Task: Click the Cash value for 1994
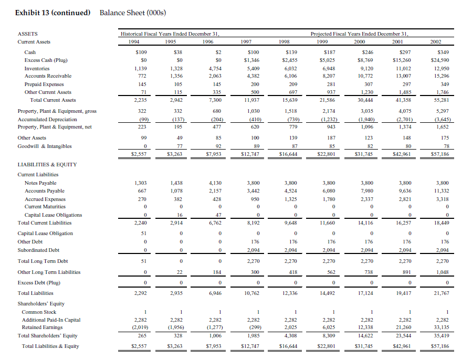140,52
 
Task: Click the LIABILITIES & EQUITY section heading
47,165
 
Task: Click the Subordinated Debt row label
38,250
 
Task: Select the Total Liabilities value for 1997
252,293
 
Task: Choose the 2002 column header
443,42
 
